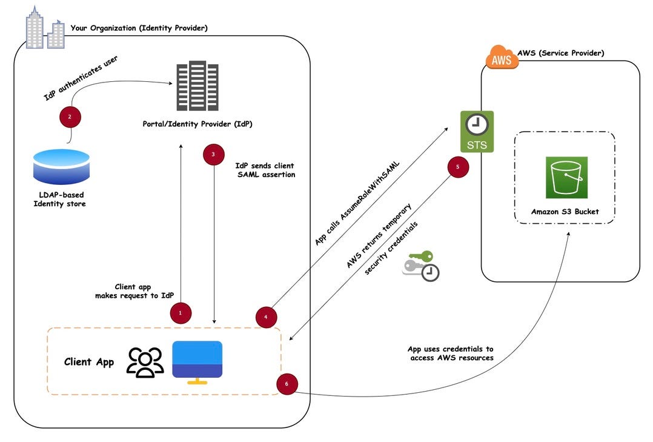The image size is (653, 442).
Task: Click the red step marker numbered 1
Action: coord(180,313)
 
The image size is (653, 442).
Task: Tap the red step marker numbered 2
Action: coord(70,117)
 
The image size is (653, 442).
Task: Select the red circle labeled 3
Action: coord(213,155)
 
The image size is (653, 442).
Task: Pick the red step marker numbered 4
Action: coord(266,316)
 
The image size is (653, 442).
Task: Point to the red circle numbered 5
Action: coord(458,167)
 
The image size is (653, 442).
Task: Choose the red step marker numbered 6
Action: coord(287,384)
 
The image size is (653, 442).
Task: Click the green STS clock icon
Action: coord(477,130)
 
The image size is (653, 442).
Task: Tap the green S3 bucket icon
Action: coord(566,177)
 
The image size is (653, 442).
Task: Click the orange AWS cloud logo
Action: coord(502,59)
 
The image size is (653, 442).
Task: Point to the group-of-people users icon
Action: coord(145,362)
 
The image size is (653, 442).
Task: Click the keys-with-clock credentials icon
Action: coord(422,266)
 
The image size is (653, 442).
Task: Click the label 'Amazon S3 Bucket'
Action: coord(565,212)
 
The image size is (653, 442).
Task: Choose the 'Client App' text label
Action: coord(89,362)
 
